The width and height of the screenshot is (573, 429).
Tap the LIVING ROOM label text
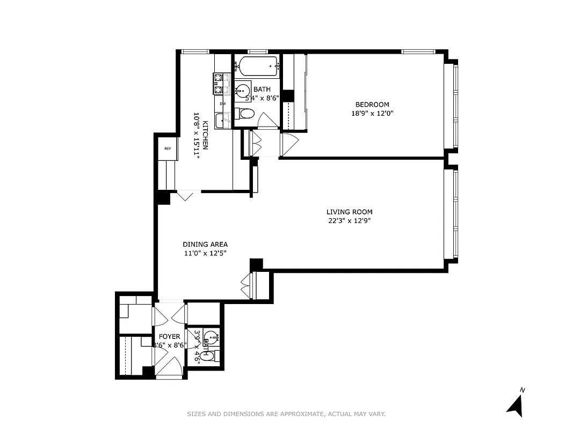coord(349,212)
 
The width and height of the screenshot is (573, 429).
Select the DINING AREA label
coord(204,244)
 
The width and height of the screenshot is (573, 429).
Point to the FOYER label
coord(169,337)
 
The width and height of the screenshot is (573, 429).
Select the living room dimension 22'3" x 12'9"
coord(349,220)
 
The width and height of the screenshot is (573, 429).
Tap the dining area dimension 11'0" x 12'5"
coord(204,253)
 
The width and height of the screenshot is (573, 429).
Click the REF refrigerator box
coord(168,149)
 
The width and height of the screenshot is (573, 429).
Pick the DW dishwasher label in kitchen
coord(222,103)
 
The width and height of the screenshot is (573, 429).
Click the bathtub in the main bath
coord(258,66)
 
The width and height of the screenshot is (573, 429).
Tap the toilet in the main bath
coord(245,114)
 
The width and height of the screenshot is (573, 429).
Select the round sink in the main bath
coord(243,89)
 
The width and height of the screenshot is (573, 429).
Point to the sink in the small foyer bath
coord(212,338)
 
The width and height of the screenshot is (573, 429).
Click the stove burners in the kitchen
coord(219,83)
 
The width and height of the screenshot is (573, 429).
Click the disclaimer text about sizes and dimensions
coord(286,414)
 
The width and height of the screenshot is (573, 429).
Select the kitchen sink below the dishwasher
coord(222,120)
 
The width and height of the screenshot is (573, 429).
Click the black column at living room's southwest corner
coord(256,264)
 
